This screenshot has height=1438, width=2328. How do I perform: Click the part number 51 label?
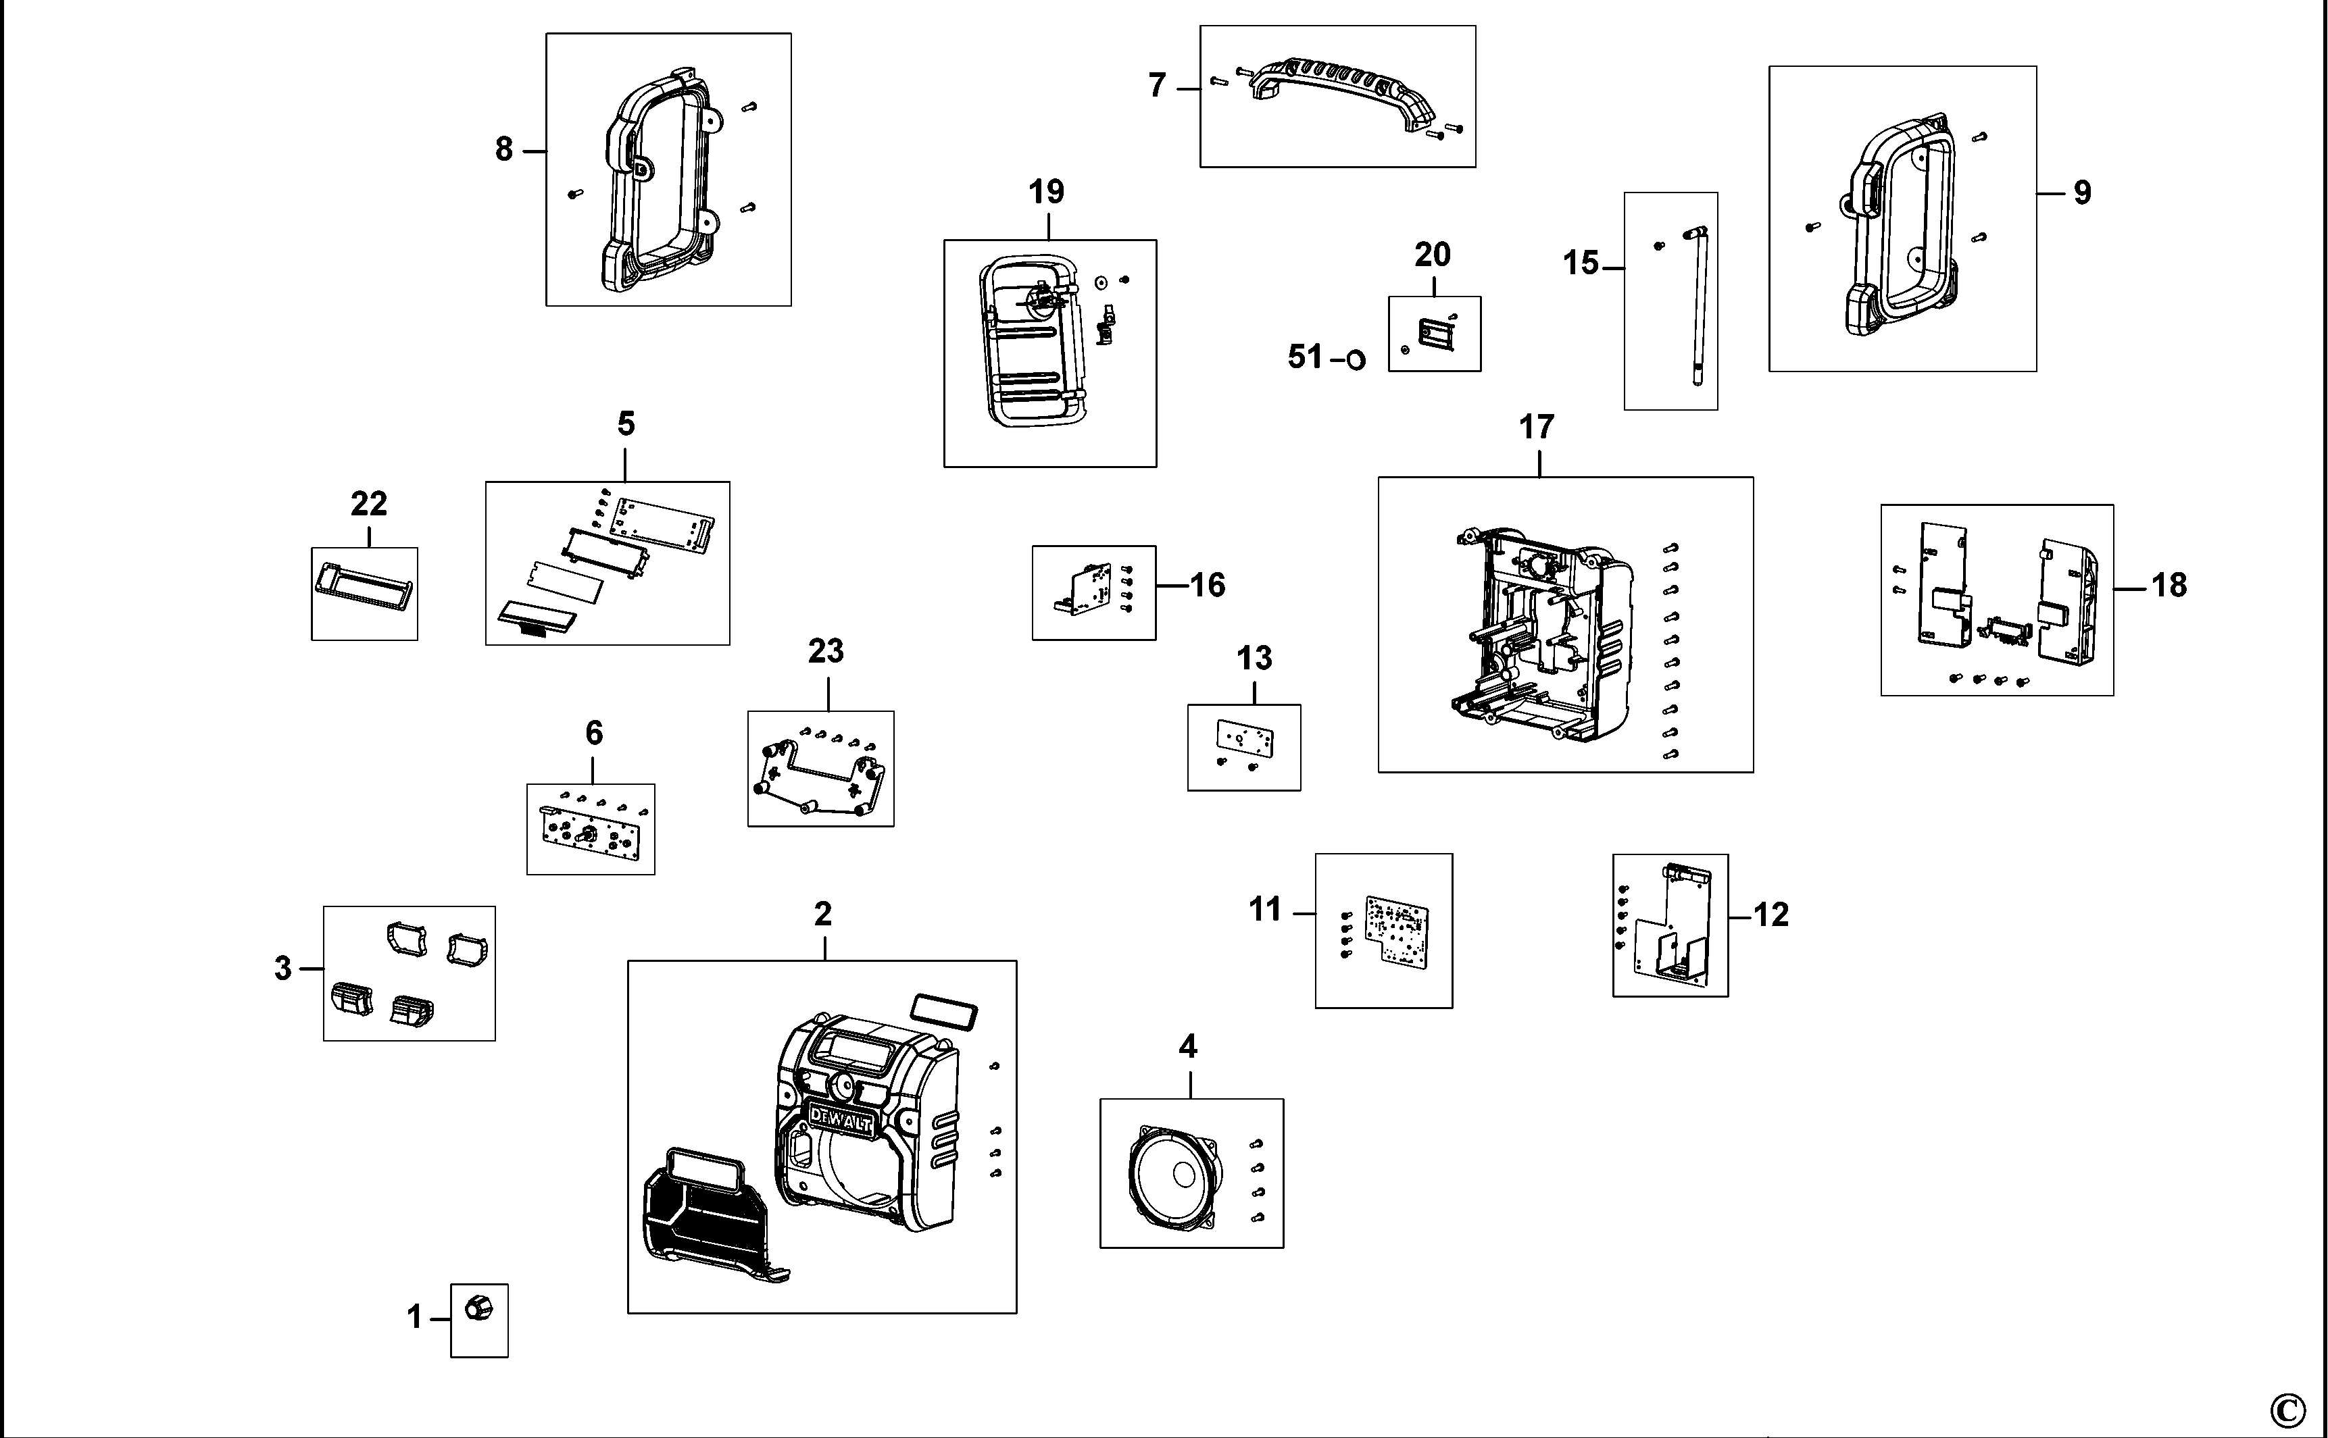[1306, 357]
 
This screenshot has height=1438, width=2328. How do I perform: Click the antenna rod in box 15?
[1699, 305]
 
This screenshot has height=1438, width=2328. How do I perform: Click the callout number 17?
[1537, 428]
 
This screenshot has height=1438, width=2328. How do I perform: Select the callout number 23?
[826, 652]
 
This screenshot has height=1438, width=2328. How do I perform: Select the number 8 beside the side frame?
[503, 149]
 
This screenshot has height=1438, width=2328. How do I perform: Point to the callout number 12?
[1770, 915]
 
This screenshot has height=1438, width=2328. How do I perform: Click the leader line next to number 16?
[1173, 584]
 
